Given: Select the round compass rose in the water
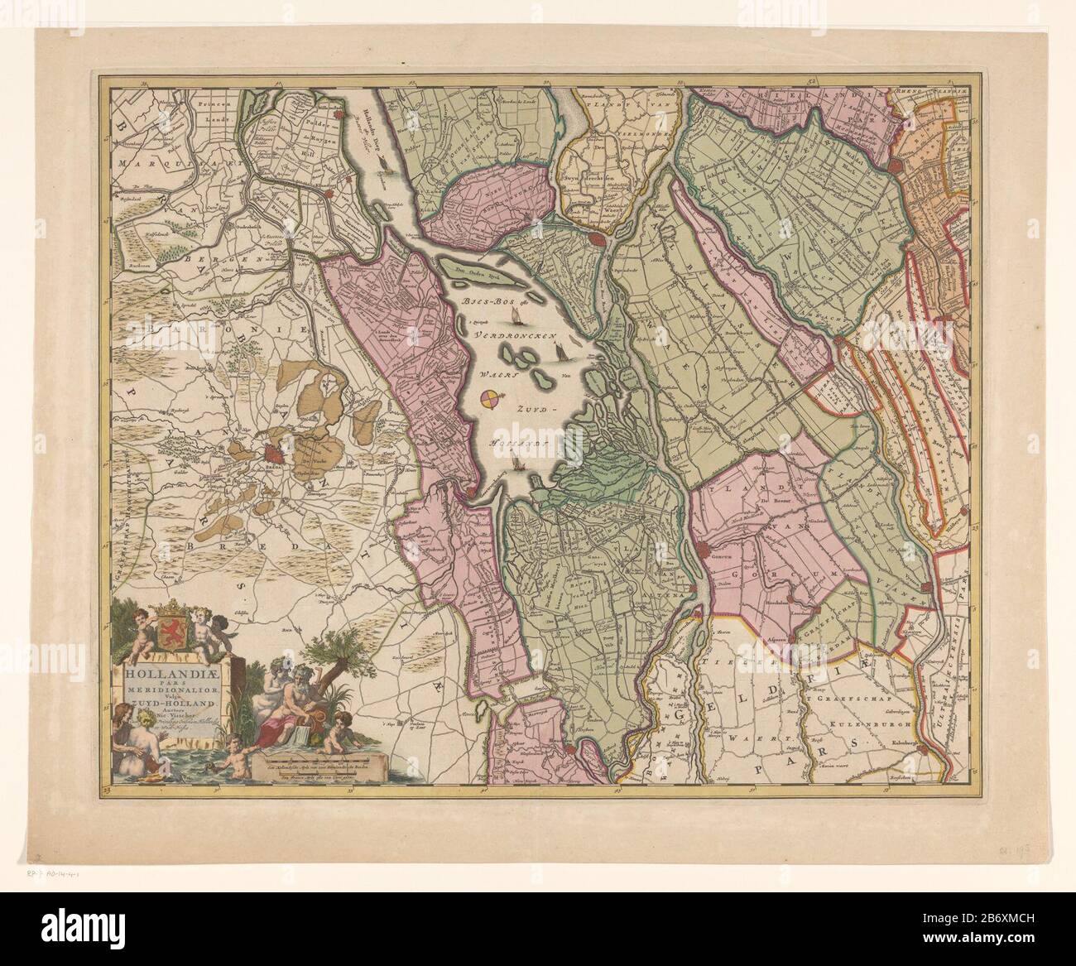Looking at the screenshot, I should point(490,400).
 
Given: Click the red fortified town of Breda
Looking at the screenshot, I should point(272,454).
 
